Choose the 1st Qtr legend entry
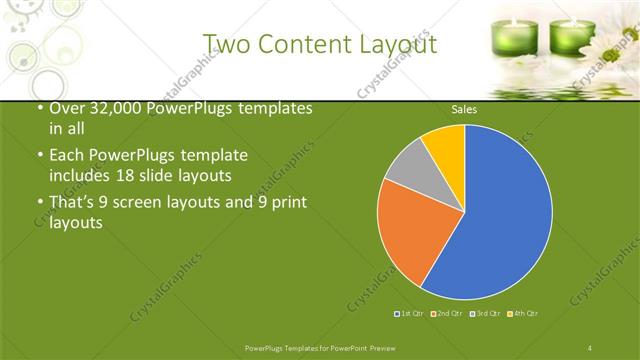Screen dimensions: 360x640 (x=409, y=314)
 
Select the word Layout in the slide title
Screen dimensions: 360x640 (x=400, y=44)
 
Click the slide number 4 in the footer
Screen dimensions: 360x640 (x=590, y=347)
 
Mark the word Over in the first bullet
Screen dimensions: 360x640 (x=67, y=109)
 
